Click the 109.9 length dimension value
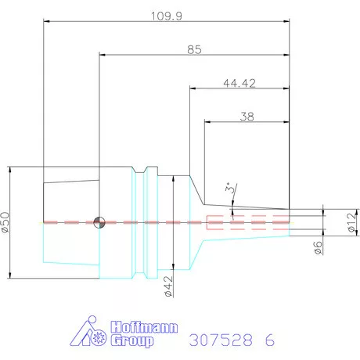pyautogui.click(x=167, y=16)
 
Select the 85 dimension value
pyautogui.click(x=194, y=49)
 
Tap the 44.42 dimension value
pyautogui.click(x=239, y=83)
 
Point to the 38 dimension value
pyautogui.click(x=247, y=117)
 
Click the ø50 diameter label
pyautogui.click(x=5, y=222)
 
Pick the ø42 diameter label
pyautogui.click(x=169, y=286)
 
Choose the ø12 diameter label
pyautogui.click(x=352, y=222)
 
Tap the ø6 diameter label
pyautogui.click(x=318, y=247)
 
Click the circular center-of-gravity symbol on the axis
pyautogui.click(x=99, y=222)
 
